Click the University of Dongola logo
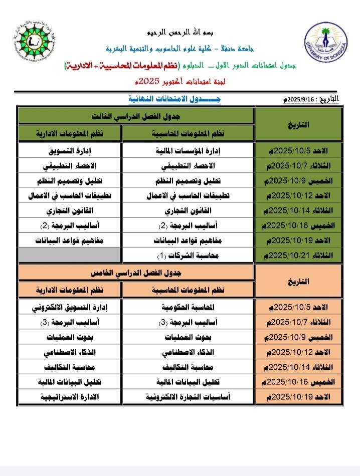[x=326, y=44]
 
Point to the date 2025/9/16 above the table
[x=311, y=100]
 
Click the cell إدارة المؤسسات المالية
[x=188, y=150]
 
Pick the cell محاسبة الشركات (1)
[x=188, y=256]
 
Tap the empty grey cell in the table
[x=70, y=256]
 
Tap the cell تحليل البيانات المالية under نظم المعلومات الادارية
[x=70, y=381]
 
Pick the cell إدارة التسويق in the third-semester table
[x=70, y=150]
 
